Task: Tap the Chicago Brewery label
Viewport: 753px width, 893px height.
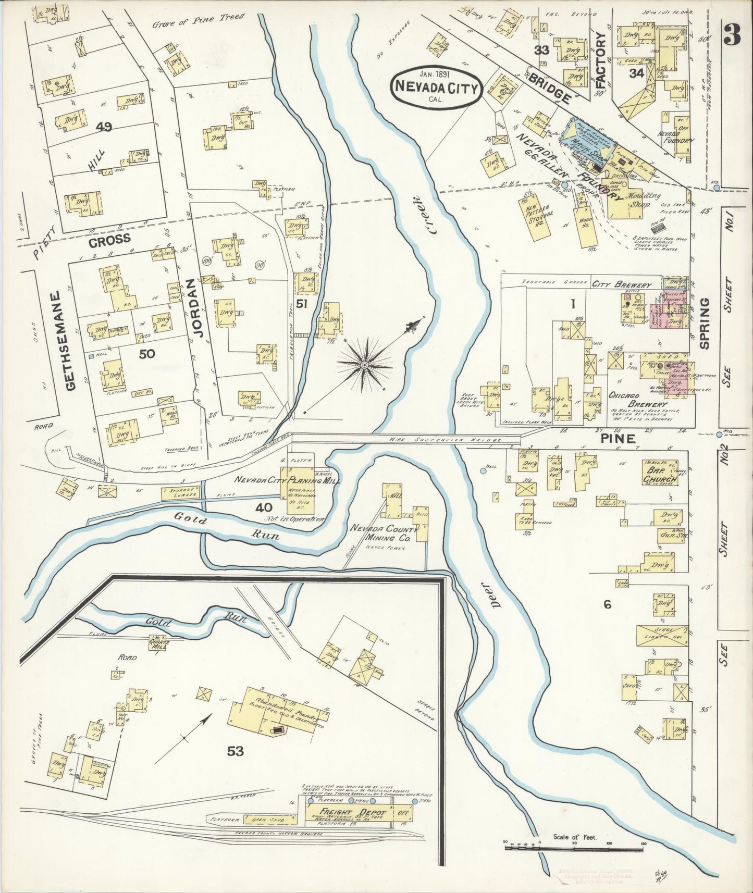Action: [637, 400]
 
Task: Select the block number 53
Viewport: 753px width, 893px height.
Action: [235, 751]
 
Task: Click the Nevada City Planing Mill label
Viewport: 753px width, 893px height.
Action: [286, 480]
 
